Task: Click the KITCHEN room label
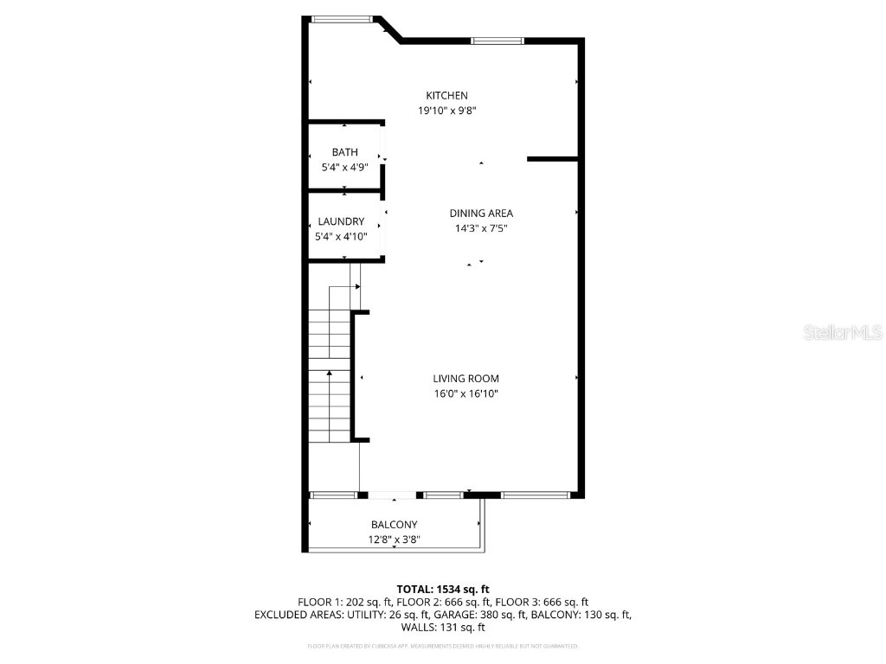[x=446, y=95]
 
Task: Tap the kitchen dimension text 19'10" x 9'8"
[x=446, y=111]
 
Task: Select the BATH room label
[x=344, y=152]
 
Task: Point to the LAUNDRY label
[x=341, y=221]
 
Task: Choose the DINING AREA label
[x=481, y=214]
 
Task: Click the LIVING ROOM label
[x=466, y=379]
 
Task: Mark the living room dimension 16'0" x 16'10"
[x=466, y=394]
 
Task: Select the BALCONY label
[x=395, y=525]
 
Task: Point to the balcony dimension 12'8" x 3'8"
[x=395, y=540]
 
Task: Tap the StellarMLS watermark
[x=843, y=332]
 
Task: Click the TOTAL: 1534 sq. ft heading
[x=443, y=589]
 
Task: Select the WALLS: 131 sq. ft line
[x=443, y=628]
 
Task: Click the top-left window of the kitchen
[x=343, y=19]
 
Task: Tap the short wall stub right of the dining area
[x=552, y=159]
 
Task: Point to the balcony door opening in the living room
[x=393, y=495]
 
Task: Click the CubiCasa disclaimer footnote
[x=443, y=647]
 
